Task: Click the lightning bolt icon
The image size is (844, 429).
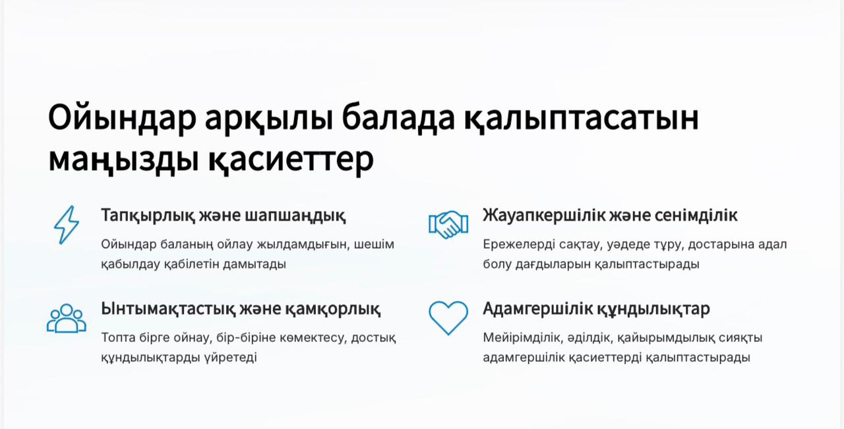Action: [x=67, y=224]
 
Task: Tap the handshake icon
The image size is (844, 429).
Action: [x=448, y=224]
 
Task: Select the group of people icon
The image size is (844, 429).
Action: [x=67, y=319]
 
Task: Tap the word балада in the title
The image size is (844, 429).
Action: [x=398, y=117]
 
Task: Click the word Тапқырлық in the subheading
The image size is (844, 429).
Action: [x=148, y=216]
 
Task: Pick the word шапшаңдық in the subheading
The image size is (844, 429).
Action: [x=295, y=216]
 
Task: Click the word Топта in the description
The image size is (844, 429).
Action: [x=118, y=338]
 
